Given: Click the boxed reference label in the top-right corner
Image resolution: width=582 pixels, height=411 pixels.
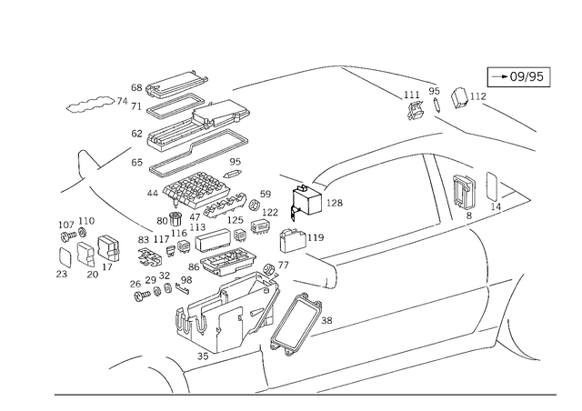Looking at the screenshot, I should pyautogui.click(x=518, y=77).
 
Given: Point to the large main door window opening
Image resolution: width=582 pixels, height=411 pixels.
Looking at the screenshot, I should pyautogui.click(x=373, y=205).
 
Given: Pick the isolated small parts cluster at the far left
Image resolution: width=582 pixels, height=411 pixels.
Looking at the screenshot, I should pyautogui.click(x=76, y=243).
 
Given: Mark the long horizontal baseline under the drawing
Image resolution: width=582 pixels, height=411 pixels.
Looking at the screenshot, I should pyautogui.click(x=300, y=396).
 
